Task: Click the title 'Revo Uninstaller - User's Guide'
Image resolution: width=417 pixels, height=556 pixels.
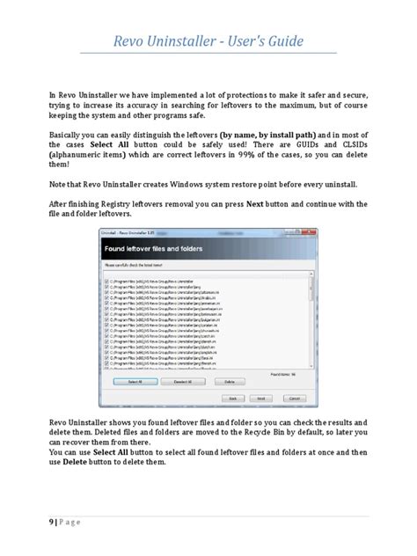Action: (208, 41)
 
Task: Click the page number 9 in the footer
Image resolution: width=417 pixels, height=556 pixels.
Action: (51, 521)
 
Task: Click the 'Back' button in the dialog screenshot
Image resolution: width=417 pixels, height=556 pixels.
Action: (234, 397)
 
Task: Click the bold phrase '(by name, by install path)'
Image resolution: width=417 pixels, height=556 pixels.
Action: (260, 135)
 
